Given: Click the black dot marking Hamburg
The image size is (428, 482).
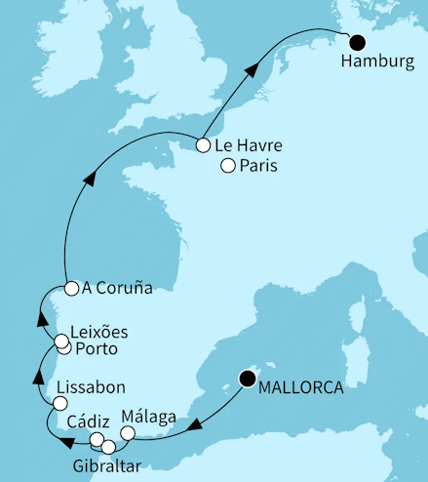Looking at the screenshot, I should [359, 42].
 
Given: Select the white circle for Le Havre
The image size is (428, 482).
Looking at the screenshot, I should [202, 145].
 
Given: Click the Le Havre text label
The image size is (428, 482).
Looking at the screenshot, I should [244, 146].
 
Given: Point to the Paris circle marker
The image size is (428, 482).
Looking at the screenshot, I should [228, 165].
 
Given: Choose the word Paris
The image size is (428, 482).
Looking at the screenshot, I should [258, 166].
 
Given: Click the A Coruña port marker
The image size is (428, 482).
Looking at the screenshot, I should [71, 288].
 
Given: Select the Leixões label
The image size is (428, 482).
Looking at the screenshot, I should [100, 332].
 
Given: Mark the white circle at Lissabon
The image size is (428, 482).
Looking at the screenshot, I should [59, 403].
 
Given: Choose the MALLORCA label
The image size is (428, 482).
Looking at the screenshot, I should [301, 387].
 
